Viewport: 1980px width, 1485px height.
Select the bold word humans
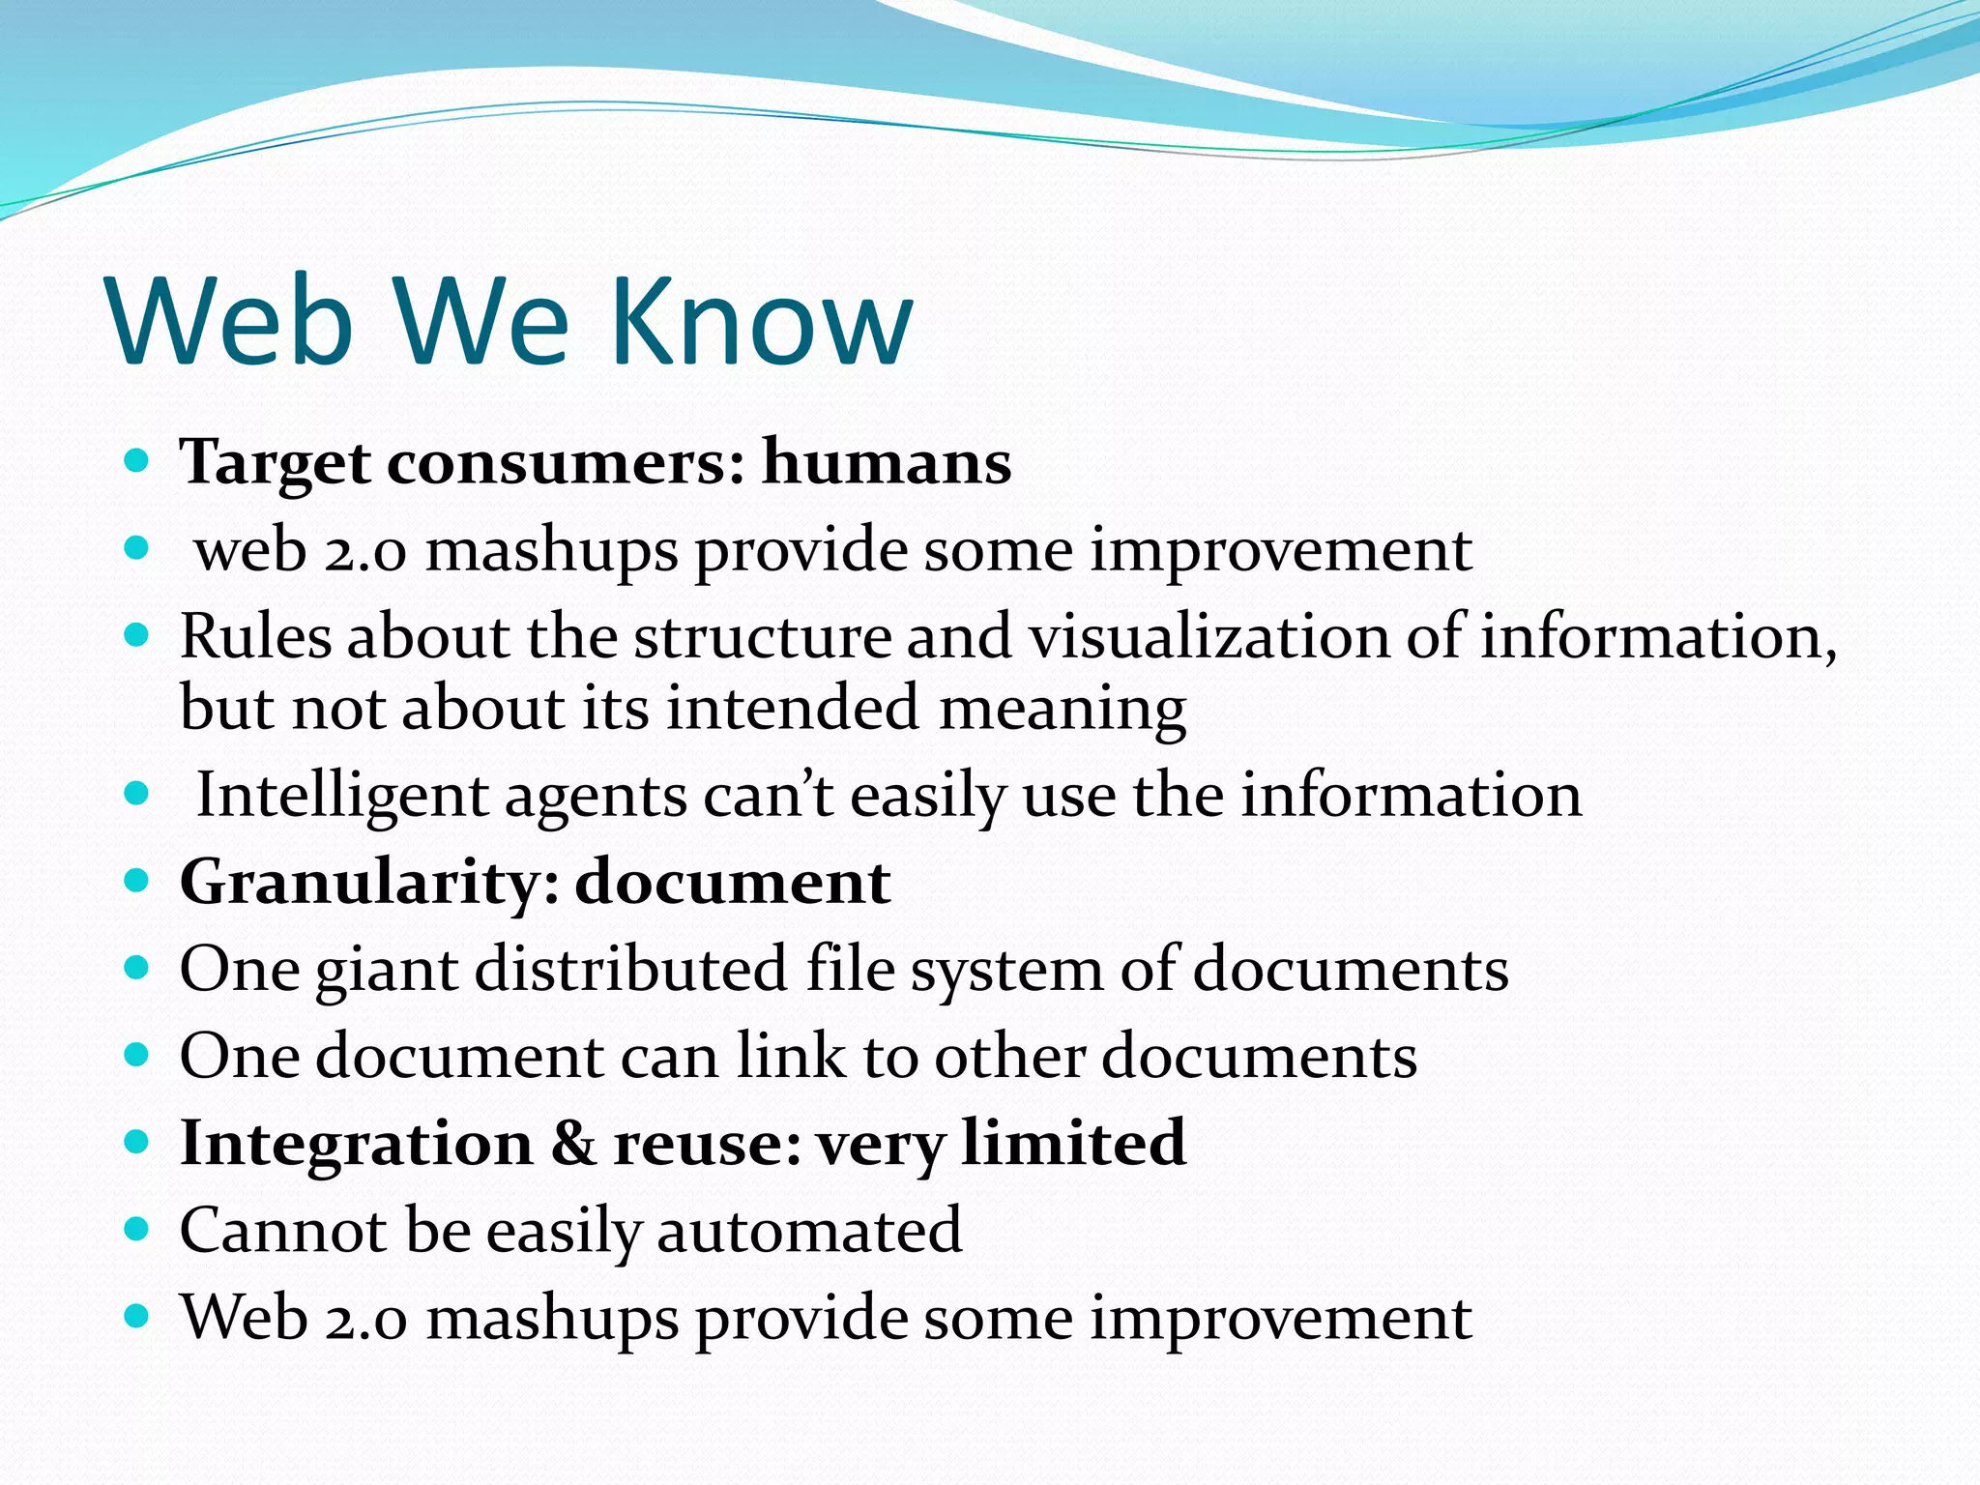click(887, 462)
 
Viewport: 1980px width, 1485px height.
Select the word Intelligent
click(341, 797)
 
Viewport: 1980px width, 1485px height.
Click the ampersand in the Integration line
click(573, 1143)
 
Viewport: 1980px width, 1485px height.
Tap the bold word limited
click(1073, 1143)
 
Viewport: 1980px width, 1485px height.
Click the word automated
click(809, 1230)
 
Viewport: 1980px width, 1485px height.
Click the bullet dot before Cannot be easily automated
click(137, 1229)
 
